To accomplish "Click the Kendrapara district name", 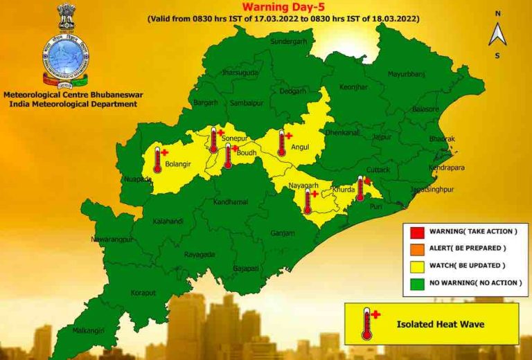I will tap(446, 168).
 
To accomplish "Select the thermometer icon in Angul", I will tap(281, 143).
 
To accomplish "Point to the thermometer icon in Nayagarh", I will tap(307, 201).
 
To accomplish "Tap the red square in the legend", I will tap(416, 231).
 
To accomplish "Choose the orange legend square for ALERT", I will tap(416, 248).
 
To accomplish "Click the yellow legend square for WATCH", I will tap(416, 265).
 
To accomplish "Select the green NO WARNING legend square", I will tap(416, 282).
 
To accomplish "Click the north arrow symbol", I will tap(497, 34).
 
